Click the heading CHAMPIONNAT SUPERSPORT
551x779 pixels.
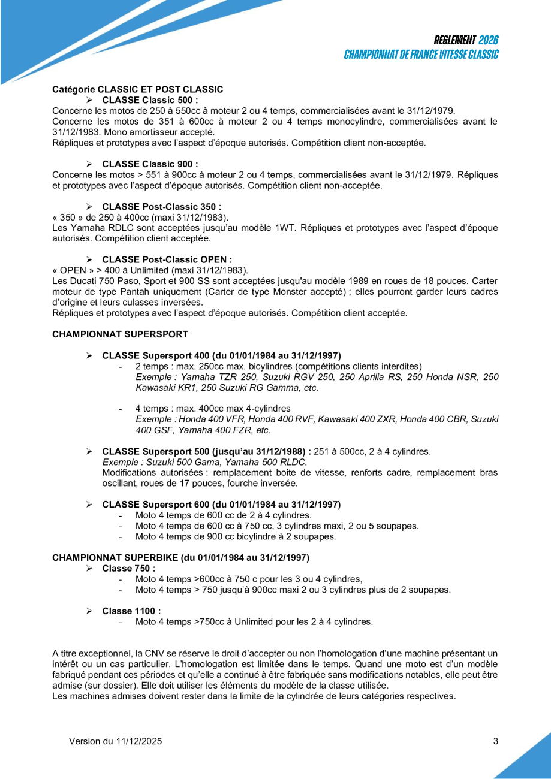(x=121, y=334)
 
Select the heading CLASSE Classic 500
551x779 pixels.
(x=150, y=99)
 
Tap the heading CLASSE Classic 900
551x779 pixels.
(x=150, y=164)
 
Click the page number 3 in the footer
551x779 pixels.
(x=495, y=741)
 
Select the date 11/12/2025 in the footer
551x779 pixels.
(x=138, y=741)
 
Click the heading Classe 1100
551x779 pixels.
(x=131, y=611)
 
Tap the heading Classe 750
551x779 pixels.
(x=128, y=568)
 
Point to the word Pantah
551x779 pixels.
(x=121, y=292)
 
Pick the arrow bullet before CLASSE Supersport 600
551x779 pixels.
(x=89, y=505)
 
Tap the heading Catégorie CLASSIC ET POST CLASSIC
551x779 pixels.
(x=138, y=89)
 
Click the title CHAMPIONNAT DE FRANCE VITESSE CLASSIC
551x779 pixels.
(x=421, y=55)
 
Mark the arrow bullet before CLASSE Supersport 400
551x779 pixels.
(x=89, y=356)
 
